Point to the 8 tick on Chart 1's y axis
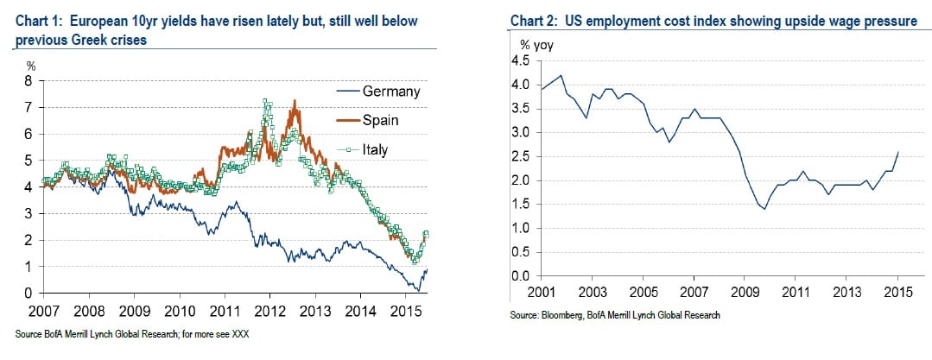[x=29, y=81]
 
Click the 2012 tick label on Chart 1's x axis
[x=269, y=309]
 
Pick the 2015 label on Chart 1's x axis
[x=403, y=309]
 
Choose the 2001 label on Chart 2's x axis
[x=540, y=292]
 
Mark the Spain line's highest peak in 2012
[x=295, y=101]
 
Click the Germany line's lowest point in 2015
[x=418, y=290]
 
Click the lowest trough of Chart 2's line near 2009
[x=764, y=209]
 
